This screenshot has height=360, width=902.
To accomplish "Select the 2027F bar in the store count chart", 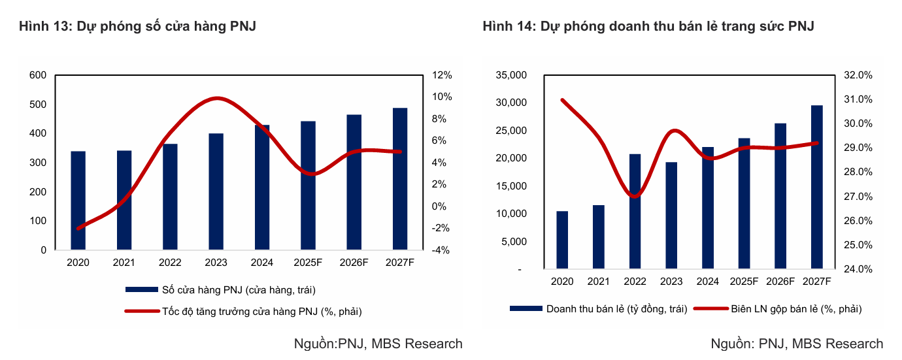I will tap(400, 179).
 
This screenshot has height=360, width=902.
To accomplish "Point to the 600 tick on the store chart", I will tap(38, 75).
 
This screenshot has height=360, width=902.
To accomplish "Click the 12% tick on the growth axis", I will tap(442, 75).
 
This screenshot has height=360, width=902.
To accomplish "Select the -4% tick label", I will tap(441, 250).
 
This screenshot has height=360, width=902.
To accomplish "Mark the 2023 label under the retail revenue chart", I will tap(671, 282).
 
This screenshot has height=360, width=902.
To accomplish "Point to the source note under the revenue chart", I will tap(796, 344).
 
